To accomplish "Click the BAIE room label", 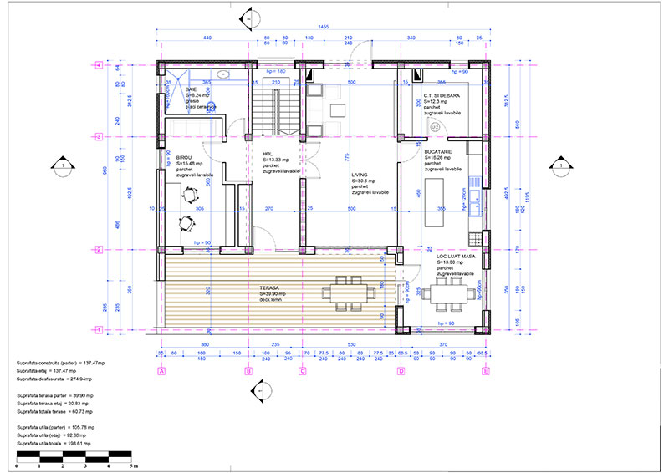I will [x=192, y=89].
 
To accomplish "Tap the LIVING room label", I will [x=360, y=175].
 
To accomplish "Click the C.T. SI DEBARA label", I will [x=441, y=96].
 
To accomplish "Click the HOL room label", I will [x=268, y=154].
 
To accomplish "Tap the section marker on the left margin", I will [x=61, y=167].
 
